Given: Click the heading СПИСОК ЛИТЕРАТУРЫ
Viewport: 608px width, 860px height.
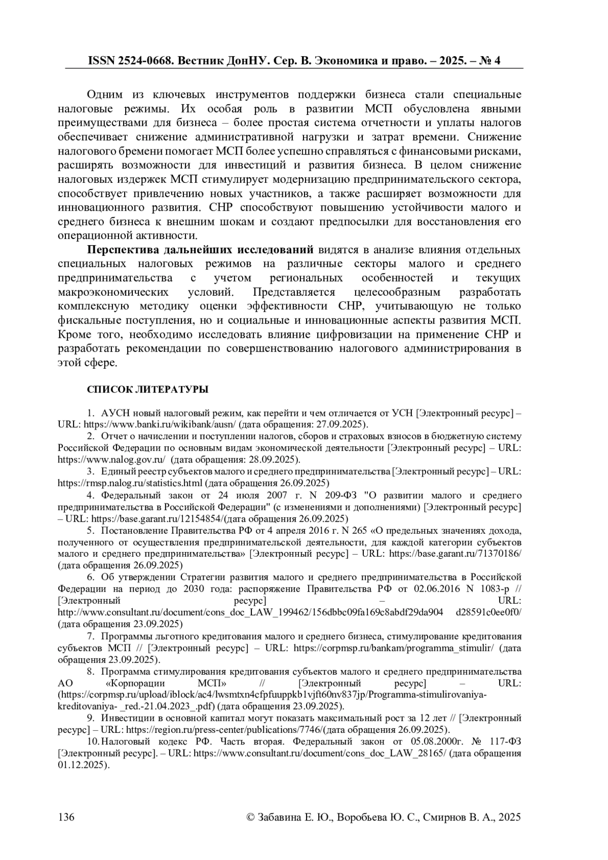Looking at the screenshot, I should pyautogui.click(x=147, y=389).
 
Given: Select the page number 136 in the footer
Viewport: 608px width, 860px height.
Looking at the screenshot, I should pyautogui.click(x=67, y=817).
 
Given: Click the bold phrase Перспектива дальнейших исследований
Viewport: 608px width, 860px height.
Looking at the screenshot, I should pyautogui.click(x=201, y=250).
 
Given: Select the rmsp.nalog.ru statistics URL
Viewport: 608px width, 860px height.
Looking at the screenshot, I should pyautogui.click(x=130, y=483).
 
